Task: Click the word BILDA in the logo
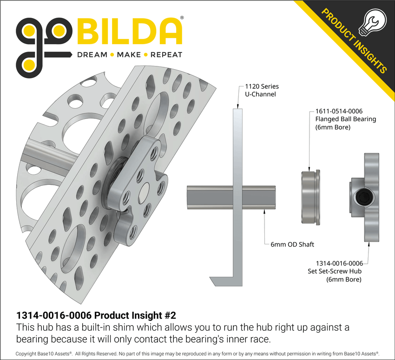[129, 32]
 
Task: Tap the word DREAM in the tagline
[92, 55]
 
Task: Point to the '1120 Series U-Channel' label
[261, 90]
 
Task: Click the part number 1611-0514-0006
[339, 111]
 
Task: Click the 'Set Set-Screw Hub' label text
[335, 271]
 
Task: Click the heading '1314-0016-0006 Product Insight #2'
[99, 315]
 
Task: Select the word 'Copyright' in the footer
[27, 354]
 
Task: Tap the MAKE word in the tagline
[129, 55]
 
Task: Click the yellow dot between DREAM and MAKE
[112, 55]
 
